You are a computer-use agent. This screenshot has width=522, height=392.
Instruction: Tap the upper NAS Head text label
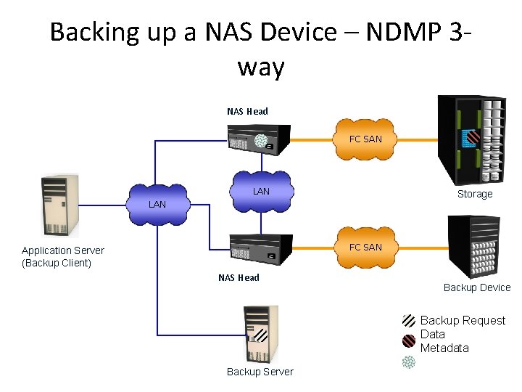coord(247,111)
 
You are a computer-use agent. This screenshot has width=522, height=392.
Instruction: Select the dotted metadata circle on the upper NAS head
coord(261,141)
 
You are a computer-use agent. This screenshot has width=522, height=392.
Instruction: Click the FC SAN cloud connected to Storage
coord(365,139)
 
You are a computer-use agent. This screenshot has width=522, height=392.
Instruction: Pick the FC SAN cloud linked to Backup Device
coord(365,247)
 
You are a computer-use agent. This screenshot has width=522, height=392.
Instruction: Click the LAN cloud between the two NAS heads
coord(261,192)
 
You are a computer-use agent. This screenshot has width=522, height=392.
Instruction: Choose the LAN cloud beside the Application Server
coord(157,205)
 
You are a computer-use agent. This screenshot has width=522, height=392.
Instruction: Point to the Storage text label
coord(475,194)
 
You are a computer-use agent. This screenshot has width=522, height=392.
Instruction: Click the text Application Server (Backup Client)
coord(63,256)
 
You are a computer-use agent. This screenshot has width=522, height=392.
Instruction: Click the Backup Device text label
coord(477,287)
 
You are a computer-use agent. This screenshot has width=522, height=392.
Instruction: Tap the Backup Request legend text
coord(463,320)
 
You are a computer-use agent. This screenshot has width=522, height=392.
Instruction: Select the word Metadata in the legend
coord(444,348)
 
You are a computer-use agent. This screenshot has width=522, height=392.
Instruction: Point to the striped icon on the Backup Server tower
coord(260,336)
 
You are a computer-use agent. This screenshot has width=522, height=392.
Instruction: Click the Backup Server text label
coord(260,372)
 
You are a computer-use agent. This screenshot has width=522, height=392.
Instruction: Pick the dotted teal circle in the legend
coord(410,362)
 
